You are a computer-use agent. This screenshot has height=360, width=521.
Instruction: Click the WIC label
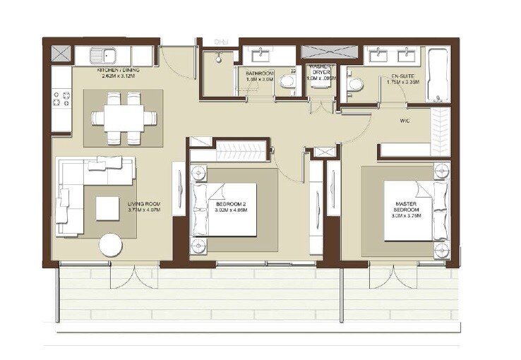coord(405,120)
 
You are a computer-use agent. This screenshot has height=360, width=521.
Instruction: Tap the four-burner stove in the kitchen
coord(61,99)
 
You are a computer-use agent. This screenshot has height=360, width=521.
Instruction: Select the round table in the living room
coord(112,245)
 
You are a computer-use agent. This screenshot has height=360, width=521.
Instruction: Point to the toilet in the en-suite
coord(355,85)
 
